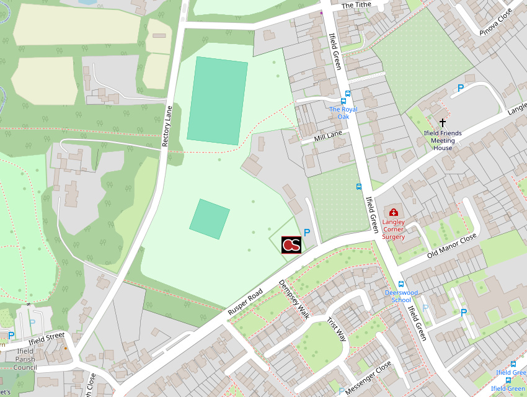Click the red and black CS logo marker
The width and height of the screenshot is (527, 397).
coord(291,245)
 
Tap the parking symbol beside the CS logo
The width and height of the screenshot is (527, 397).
coord(306,233)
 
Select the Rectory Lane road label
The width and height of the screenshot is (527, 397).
coord(167,127)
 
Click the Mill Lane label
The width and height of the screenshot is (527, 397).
coord(328,135)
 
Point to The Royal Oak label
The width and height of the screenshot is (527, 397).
coord(343,113)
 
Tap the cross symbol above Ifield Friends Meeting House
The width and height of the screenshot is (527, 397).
coord(443,123)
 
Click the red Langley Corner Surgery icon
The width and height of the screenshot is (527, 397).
coord(393,212)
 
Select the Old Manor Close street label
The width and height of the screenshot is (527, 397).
coord(451,246)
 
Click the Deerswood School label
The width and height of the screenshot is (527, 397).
coord(401,296)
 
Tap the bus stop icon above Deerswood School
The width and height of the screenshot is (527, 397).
coord(401,284)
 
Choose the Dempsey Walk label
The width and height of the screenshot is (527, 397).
coord(293,299)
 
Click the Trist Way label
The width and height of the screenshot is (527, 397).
coord(337,329)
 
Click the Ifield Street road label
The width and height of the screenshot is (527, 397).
coord(46,339)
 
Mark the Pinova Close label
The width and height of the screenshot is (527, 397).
coord(495,22)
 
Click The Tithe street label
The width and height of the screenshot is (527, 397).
coord(356,6)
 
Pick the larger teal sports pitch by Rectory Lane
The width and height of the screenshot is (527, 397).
coord(217,101)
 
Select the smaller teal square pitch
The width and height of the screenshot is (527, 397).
coord(210,219)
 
